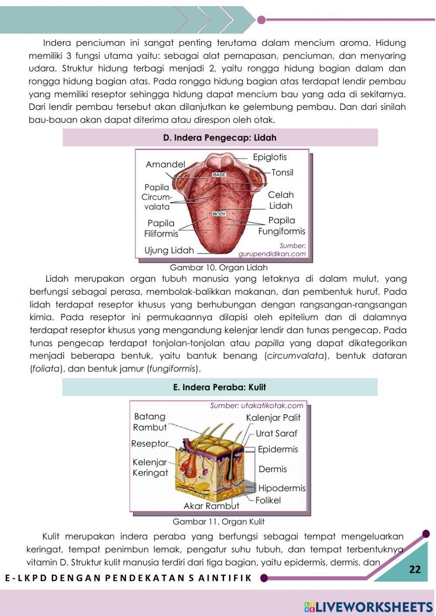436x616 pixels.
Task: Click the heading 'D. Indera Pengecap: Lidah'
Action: point(220,138)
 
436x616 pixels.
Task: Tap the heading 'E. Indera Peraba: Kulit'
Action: point(219,387)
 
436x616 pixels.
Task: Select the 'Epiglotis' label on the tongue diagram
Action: point(270,157)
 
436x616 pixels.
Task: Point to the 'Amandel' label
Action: point(165,164)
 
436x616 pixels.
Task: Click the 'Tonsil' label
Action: point(282,173)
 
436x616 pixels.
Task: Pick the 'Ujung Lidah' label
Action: point(169,250)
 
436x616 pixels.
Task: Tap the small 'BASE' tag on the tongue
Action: point(219,175)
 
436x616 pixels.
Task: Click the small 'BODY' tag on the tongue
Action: point(219,214)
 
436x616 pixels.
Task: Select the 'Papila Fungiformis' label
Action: point(281,226)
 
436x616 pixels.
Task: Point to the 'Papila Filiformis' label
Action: point(161,228)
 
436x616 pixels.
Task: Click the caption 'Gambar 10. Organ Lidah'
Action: point(218,267)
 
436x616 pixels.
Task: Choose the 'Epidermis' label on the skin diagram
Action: point(278,449)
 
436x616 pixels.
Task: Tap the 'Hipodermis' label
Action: point(282,488)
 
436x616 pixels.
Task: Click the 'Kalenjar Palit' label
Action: point(273,418)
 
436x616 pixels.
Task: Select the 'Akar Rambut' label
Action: point(211,506)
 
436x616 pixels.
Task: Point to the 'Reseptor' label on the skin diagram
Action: point(150,444)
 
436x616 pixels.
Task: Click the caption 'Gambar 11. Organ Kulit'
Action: point(218,521)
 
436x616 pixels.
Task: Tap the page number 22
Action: point(415,569)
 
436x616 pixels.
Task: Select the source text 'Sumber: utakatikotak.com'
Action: point(256,405)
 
